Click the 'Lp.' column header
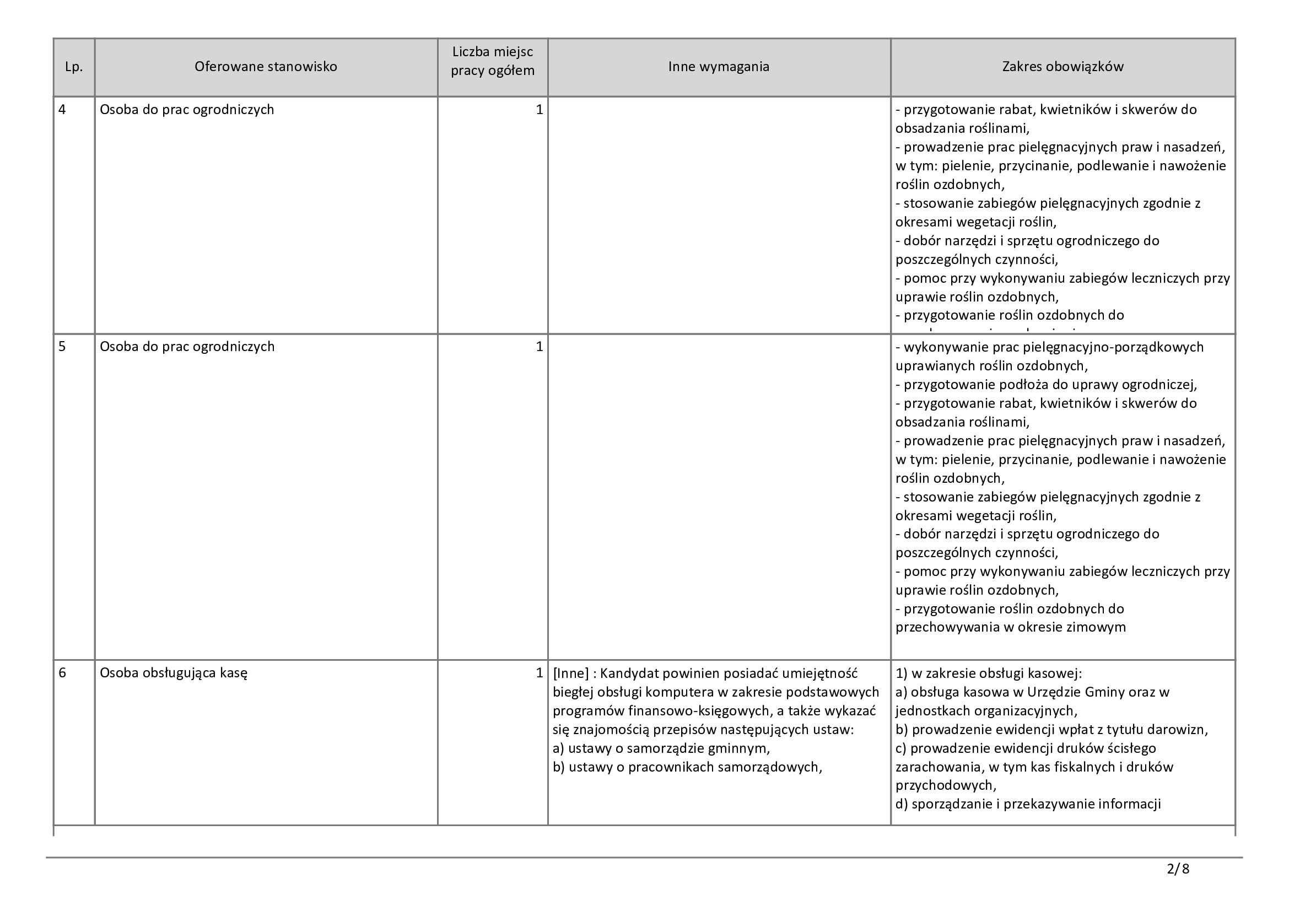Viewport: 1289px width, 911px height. pyautogui.click(x=73, y=67)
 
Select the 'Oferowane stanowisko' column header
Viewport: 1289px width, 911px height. pyautogui.click(x=266, y=67)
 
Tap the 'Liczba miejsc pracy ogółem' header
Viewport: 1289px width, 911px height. pyautogui.click(x=492, y=62)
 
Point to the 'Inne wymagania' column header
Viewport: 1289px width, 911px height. pyautogui.click(x=719, y=67)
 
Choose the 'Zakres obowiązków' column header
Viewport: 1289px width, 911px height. pyautogui.click(x=1063, y=67)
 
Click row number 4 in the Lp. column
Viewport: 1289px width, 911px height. pyautogui.click(x=62, y=110)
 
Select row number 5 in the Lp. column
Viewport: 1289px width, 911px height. pyautogui.click(x=62, y=347)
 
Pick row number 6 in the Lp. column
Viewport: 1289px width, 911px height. pyautogui.click(x=62, y=672)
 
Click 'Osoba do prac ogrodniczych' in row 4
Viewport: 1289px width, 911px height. pyautogui.click(x=187, y=110)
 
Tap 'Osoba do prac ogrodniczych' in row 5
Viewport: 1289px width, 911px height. pyautogui.click(x=187, y=347)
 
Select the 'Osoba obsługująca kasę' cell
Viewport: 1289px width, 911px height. pyautogui.click(x=174, y=672)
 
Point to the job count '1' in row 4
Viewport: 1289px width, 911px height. pyautogui.click(x=540, y=110)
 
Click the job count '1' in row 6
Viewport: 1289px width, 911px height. pyautogui.click(x=540, y=672)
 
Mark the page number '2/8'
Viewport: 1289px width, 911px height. pyautogui.click(x=1178, y=870)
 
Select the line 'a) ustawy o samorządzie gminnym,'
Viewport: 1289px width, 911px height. pyautogui.click(x=661, y=748)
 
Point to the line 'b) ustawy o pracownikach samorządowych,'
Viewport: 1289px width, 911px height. pyautogui.click(x=687, y=767)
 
